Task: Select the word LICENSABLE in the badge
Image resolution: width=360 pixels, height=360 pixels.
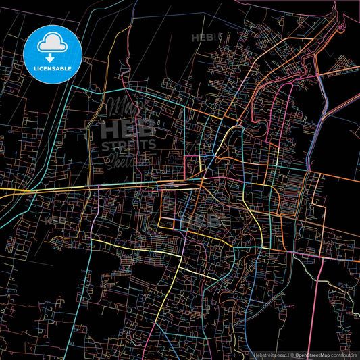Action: coord(53,68)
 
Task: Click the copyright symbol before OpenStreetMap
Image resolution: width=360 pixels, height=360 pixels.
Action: coord(291,354)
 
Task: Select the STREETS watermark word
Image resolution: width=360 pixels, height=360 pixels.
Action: coord(128,144)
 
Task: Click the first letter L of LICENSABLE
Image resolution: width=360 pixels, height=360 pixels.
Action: coord(30,68)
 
